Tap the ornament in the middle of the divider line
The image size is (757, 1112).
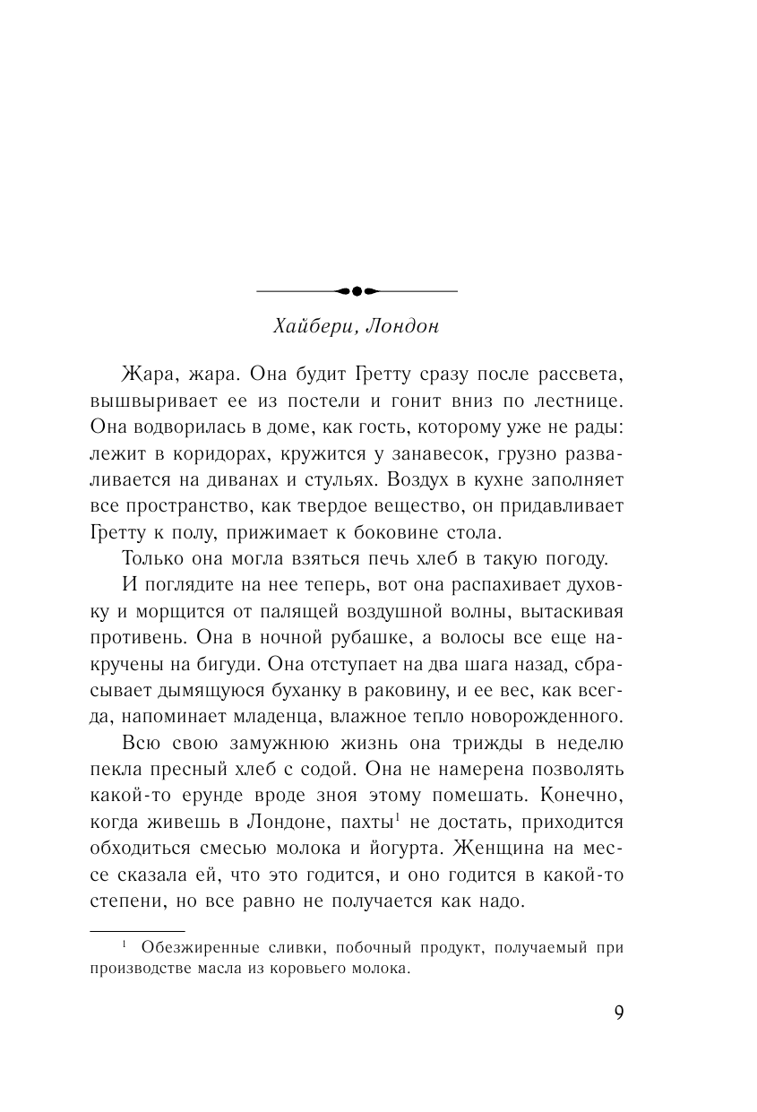point(357,290)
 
